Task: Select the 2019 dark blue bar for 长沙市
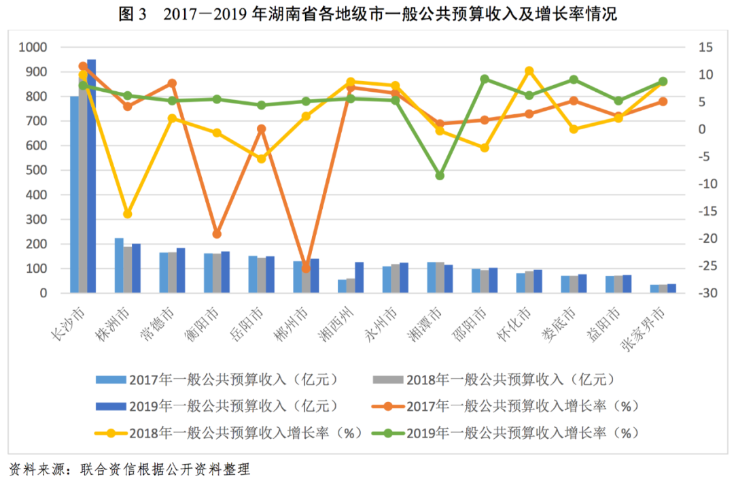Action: coord(92,177)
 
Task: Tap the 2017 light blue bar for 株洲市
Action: coord(119,266)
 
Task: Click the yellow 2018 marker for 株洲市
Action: coord(127,214)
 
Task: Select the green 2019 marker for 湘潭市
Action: coord(440,176)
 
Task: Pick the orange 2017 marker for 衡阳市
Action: coord(217,234)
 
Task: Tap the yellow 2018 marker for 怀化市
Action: coord(529,71)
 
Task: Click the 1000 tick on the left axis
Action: coord(33,47)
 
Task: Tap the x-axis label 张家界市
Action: coord(644,327)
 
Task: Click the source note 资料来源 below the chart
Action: coord(129,469)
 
